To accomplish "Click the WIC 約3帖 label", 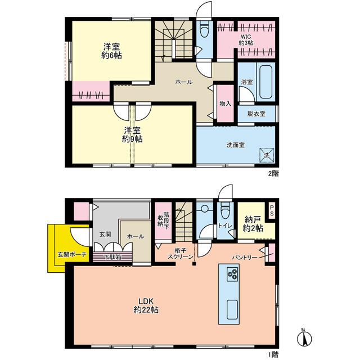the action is point(246,40).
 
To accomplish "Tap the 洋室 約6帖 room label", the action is point(111,51).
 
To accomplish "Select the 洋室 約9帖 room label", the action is point(132,135).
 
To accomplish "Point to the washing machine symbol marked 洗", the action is point(267,155).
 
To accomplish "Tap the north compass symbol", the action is point(304,337).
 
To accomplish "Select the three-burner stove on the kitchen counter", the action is point(232,274).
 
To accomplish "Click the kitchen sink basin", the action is point(232,309).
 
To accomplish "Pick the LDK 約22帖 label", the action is point(146,305).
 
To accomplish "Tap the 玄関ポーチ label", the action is point(72,254).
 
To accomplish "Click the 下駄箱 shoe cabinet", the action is point(112,257).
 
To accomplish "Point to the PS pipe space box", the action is point(272,211).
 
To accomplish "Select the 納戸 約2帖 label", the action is point(253,224).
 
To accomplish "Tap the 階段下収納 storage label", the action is point(163,219).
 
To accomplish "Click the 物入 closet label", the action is point(225,103).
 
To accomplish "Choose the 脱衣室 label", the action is point(256,114).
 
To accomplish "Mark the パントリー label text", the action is point(245,258).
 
